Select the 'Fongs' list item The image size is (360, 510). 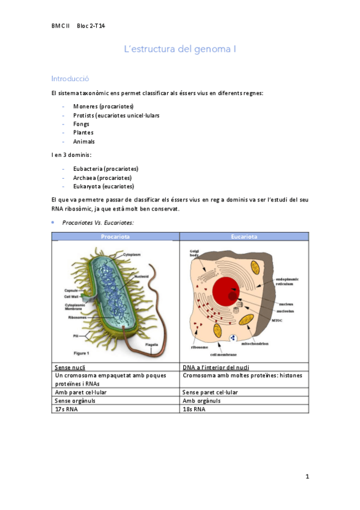click(x=81, y=124)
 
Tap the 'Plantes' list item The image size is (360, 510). click(x=84, y=132)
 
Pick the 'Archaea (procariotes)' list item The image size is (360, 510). click(x=102, y=177)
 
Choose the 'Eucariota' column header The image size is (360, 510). click(x=244, y=236)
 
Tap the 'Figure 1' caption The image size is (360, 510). click(x=81, y=353)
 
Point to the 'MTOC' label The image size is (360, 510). click(x=277, y=321)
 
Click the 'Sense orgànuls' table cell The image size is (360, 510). click(x=75, y=401)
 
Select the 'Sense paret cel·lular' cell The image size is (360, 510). click(x=209, y=392)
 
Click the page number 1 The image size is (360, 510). click(x=307, y=477)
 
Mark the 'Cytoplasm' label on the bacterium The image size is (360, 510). click(x=132, y=255)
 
